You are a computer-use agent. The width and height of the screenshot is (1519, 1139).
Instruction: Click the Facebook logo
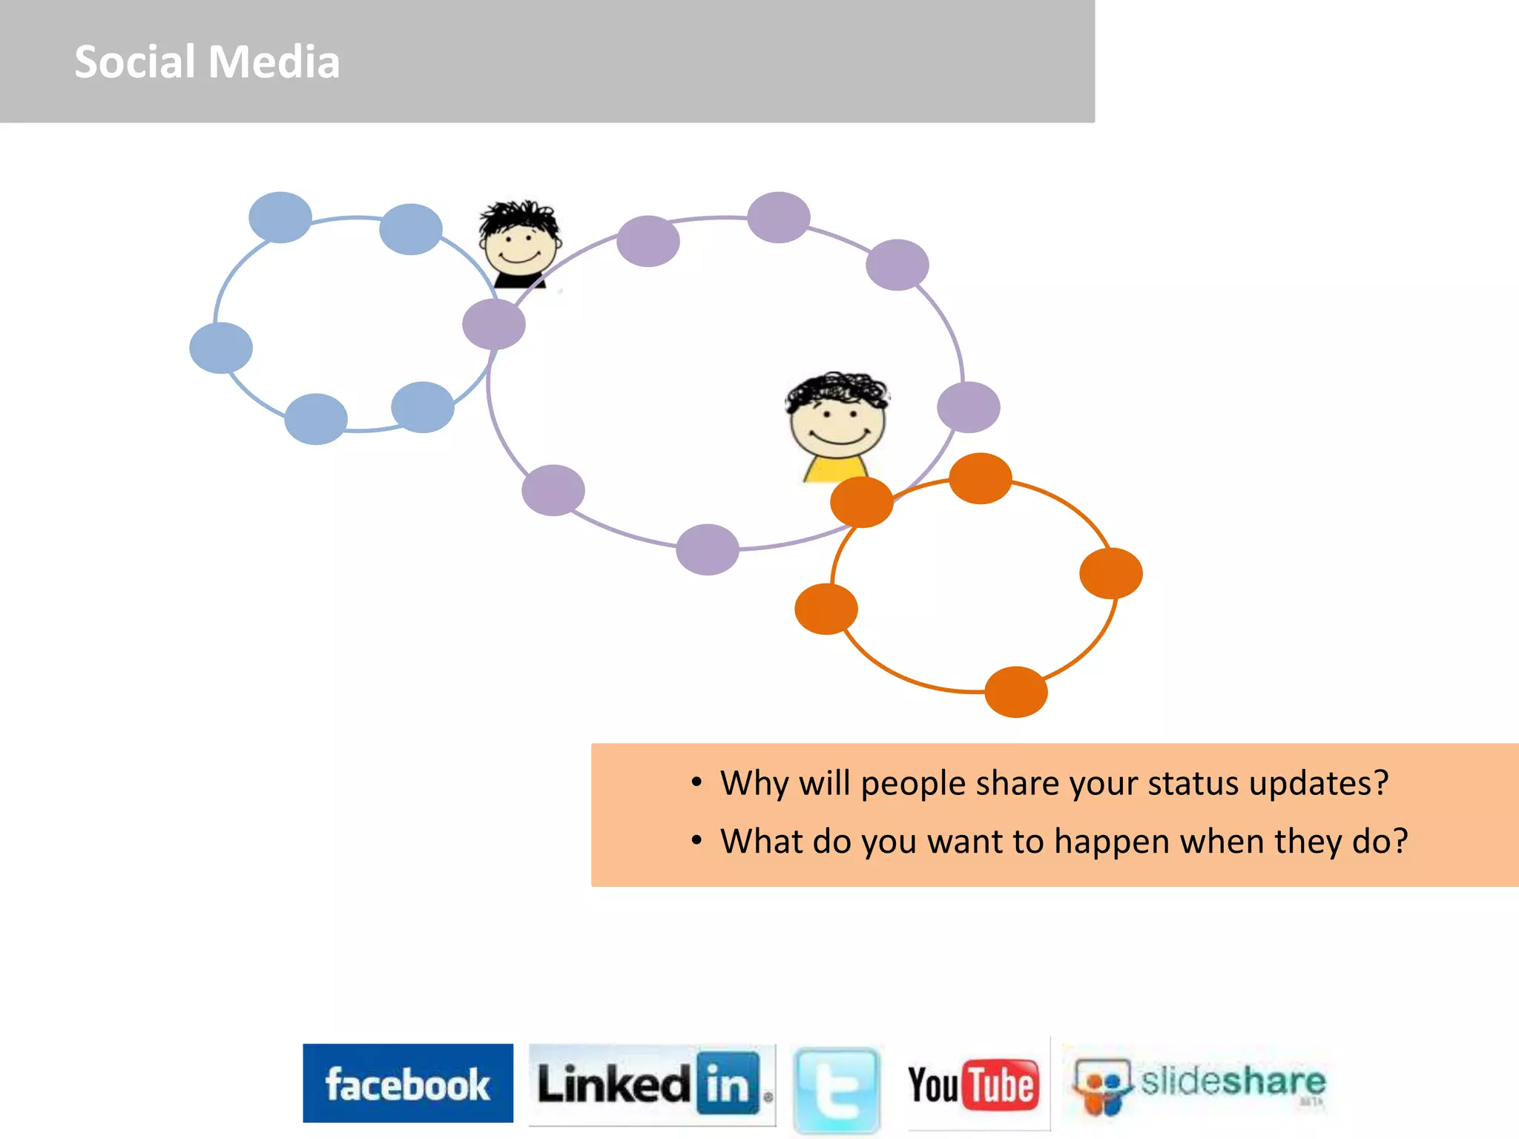pos(407,1083)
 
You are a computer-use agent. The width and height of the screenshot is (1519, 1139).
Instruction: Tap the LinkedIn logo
pos(651,1084)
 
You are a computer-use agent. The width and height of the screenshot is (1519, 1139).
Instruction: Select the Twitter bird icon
pos(837,1089)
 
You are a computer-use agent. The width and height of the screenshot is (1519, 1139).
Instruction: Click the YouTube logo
pos(972,1084)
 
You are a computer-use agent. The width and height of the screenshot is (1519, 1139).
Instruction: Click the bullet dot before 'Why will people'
pos(696,782)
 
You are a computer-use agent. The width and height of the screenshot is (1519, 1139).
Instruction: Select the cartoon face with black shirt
pos(519,243)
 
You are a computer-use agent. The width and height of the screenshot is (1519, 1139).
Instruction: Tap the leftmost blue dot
pos(221,348)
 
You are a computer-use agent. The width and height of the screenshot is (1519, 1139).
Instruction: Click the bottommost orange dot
pos(1015,692)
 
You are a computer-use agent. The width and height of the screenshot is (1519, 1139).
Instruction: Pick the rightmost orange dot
pos(1110,573)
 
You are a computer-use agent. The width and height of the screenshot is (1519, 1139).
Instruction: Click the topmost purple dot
pos(778,217)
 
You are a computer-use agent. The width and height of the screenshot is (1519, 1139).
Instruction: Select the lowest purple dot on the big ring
pos(708,549)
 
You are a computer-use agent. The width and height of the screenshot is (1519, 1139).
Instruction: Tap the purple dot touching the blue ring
pos(494,324)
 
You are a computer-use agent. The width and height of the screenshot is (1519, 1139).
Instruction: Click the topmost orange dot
pos(980,478)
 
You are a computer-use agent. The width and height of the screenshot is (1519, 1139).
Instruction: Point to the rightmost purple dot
pos(968,407)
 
